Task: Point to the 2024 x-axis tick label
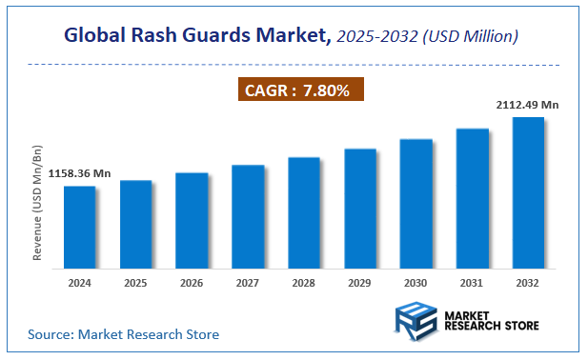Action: click(x=79, y=283)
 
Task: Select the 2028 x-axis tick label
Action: click(x=303, y=283)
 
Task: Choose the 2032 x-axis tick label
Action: click(x=528, y=283)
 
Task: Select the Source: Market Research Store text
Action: click(x=123, y=334)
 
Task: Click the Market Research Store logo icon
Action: click(x=416, y=318)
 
